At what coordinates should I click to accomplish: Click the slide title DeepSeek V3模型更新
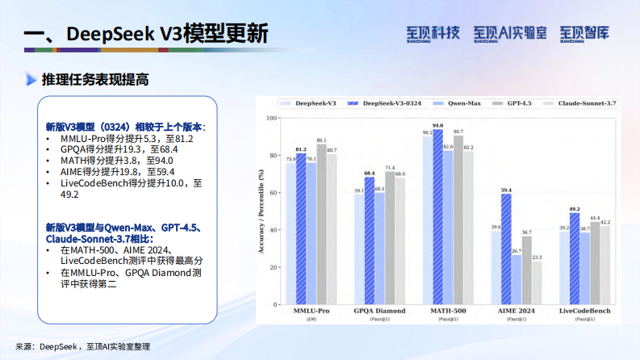[145, 35]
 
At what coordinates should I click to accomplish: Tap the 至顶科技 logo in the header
[433, 34]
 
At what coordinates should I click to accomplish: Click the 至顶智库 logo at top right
[584, 34]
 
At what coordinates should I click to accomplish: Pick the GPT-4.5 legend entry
[521, 104]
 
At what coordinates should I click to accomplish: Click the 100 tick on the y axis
[270, 119]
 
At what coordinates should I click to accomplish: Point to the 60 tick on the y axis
[272, 194]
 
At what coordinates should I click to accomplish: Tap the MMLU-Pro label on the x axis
[311, 311]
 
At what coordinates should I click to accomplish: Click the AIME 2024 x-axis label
[516, 311]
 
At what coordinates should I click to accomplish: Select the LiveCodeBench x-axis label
[584, 311]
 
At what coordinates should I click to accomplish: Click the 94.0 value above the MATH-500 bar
[437, 126]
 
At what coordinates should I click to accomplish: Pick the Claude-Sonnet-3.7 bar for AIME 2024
[536, 283]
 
